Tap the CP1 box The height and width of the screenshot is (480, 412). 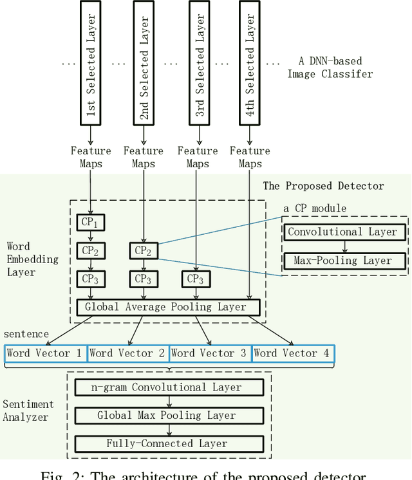pyautogui.click(x=90, y=223)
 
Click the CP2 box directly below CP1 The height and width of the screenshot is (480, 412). pyautogui.click(x=90, y=250)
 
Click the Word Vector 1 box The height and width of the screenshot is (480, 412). pyautogui.click(x=44, y=353)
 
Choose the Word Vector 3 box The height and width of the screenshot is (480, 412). pyautogui.click(x=209, y=353)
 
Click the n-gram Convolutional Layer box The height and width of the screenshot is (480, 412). pyautogui.click(x=168, y=387)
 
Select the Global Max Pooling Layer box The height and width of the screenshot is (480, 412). pyautogui.click(x=168, y=416)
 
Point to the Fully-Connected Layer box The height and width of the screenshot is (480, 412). pyautogui.click(x=168, y=443)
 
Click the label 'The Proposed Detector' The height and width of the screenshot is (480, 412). pyautogui.click(x=323, y=186)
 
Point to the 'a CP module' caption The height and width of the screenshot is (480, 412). pyautogui.click(x=315, y=208)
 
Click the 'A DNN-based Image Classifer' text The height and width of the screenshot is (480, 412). pyautogui.click(x=335, y=68)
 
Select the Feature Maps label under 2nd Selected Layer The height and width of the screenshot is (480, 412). pyautogui.click(x=144, y=157)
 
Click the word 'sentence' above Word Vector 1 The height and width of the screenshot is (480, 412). pyautogui.click(x=26, y=335)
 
